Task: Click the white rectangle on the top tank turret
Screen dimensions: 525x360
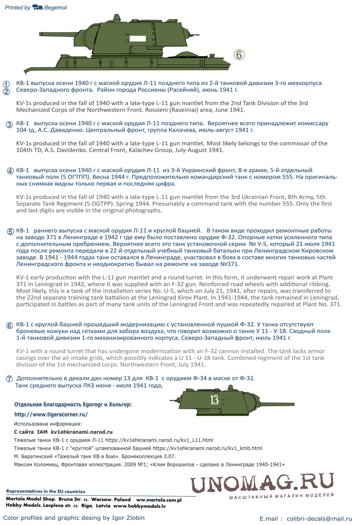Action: pyautogui.click(x=138, y=39)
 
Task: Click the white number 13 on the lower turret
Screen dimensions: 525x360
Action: pyautogui.click(x=214, y=400)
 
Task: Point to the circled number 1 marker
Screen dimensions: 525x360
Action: pyautogui.click(x=6, y=84)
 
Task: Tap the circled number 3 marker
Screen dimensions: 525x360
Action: pyautogui.click(x=9, y=125)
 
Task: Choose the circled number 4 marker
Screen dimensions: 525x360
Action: pyautogui.click(x=9, y=171)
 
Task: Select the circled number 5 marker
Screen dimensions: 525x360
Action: pyautogui.click(x=10, y=232)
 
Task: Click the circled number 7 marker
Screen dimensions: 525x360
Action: pyautogui.click(x=9, y=378)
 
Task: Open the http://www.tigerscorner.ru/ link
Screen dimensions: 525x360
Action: pyautogui.click(x=51, y=414)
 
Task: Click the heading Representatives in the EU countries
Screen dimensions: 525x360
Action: pyautogui.click(x=45, y=491)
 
